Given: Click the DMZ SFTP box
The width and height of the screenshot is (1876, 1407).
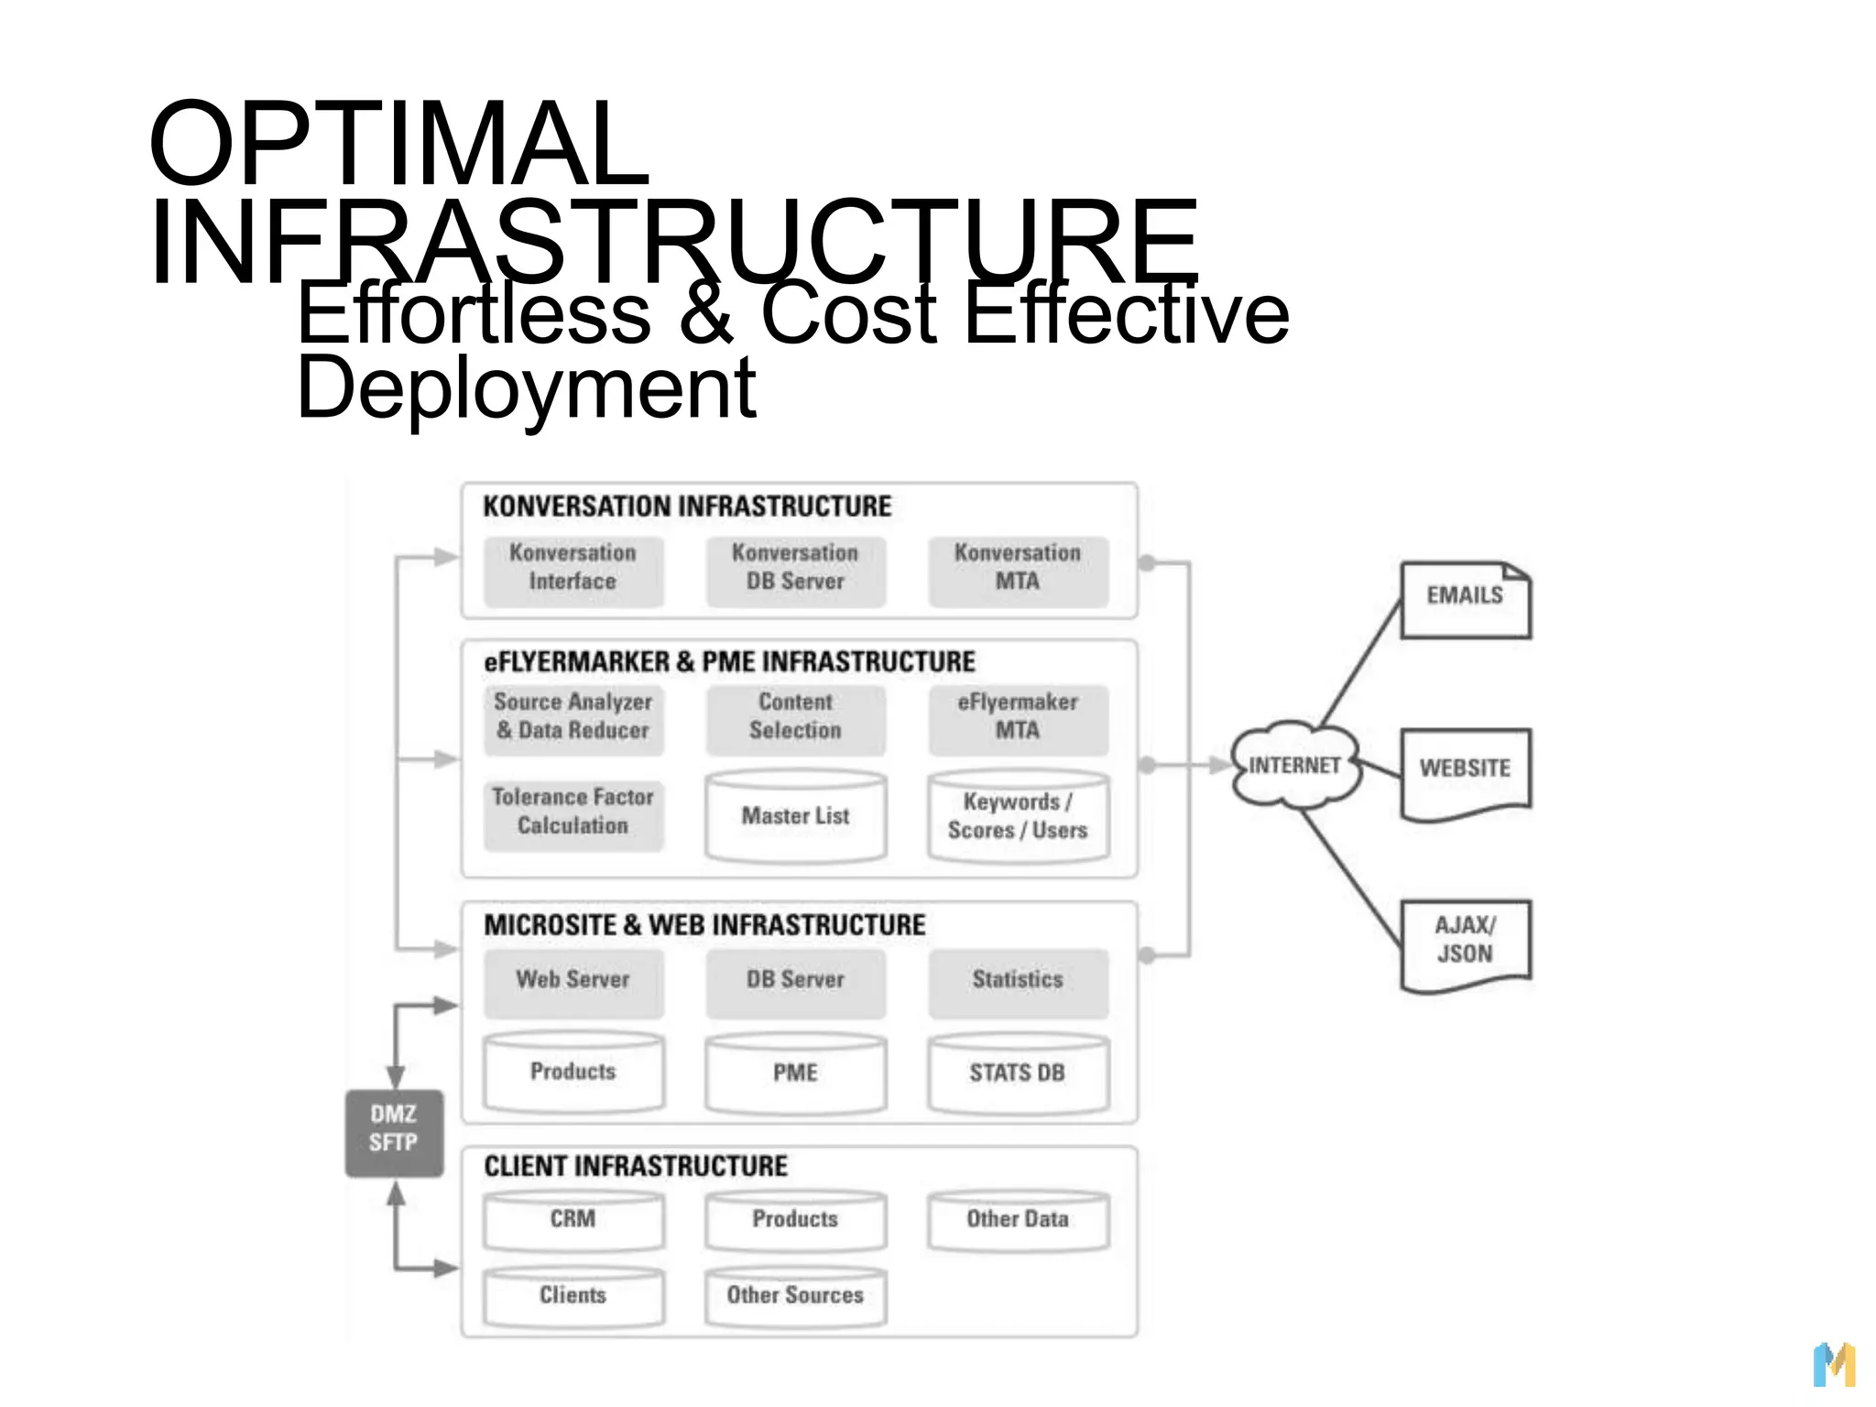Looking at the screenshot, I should (394, 1132).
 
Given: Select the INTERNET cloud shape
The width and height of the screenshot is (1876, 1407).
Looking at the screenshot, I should (1294, 765).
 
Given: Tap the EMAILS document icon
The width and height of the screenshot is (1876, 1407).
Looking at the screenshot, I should (1465, 600).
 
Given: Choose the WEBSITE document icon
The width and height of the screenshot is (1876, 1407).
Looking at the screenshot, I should (1465, 771).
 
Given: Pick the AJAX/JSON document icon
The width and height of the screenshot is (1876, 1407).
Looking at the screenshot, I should (1465, 943).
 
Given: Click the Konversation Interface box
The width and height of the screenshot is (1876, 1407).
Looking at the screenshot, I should (573, 568).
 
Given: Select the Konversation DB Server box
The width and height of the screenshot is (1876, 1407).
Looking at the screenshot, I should (795, 568).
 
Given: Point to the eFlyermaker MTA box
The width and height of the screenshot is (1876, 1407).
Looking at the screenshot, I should (1018, 718).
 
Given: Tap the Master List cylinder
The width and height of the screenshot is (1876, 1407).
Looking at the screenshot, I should (795, 817).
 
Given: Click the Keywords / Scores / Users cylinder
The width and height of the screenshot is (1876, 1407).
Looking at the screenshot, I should (1018, 817).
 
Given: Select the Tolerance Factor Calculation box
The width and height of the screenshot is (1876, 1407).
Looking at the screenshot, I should (573, 813).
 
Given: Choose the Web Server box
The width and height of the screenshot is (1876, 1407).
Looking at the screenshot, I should (573, 981).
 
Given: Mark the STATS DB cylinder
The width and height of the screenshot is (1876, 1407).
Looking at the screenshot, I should (1018, 1074).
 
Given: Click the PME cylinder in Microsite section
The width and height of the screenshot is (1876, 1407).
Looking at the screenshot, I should (795, 1074).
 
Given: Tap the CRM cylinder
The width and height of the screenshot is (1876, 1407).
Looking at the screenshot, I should (573, 1220).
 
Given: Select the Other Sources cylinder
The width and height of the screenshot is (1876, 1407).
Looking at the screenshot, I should (795, 1296).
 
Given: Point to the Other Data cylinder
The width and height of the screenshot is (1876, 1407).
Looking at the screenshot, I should (1018, 1220).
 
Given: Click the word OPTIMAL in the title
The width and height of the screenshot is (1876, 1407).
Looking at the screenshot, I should (399, 144).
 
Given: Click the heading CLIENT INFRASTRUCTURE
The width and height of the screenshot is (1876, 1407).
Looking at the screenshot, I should (636, 1167).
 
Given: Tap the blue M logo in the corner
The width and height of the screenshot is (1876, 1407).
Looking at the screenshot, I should (1834, 1365).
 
